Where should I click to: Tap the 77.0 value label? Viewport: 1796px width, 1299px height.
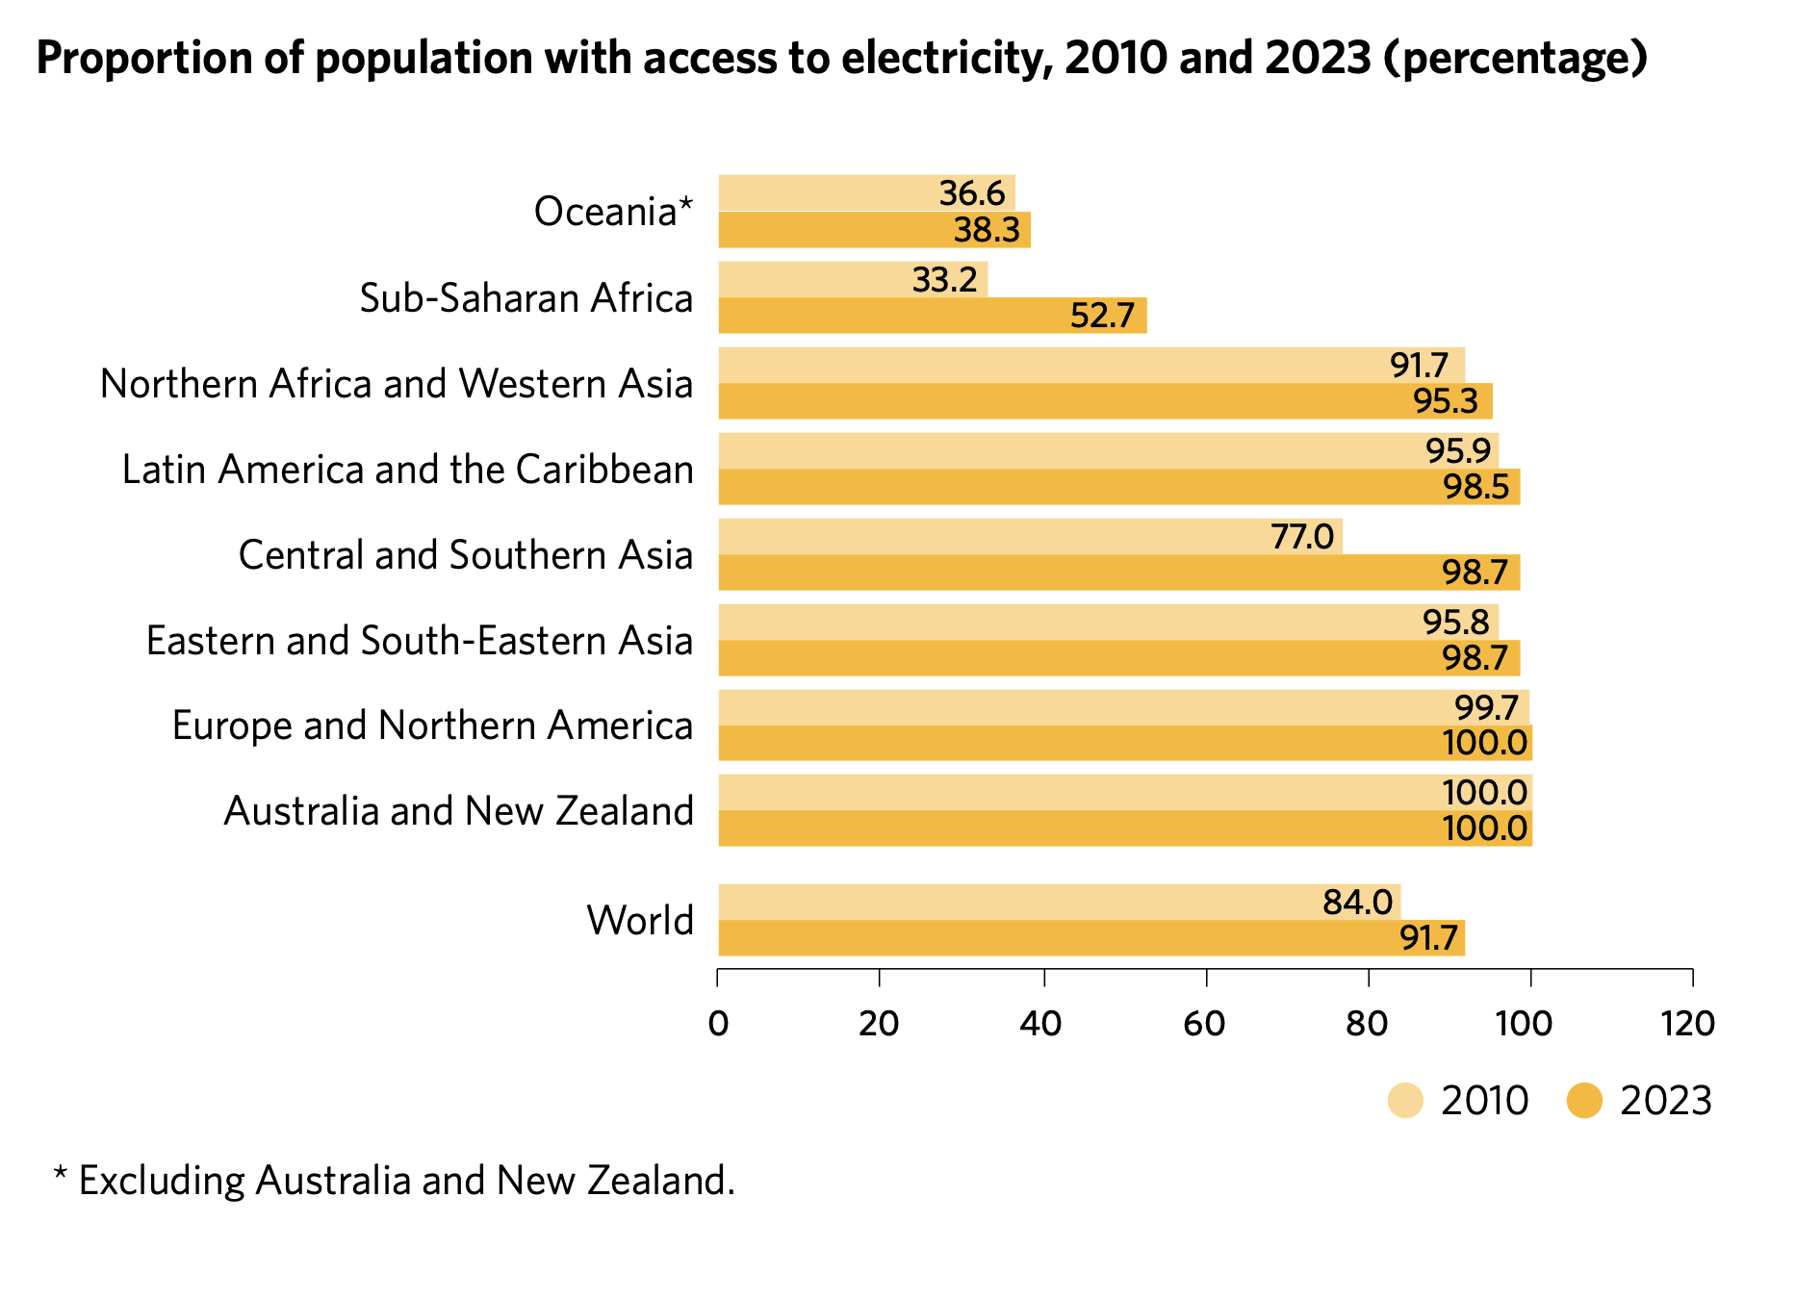pos(1301,537)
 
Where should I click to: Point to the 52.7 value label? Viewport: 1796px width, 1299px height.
pos(1102,316)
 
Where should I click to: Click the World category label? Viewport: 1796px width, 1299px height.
pos(640,921)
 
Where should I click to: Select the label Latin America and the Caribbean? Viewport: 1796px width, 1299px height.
pos(407,470)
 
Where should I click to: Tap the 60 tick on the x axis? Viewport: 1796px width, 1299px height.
pos(1205,1024)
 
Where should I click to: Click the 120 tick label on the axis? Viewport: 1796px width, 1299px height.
pos(1688,1024)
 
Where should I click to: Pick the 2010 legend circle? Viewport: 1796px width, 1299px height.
pos(1405,1101)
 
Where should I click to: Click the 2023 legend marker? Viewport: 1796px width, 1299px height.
pos(1584,1101)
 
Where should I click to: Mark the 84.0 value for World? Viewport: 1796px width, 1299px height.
pos(1357,903)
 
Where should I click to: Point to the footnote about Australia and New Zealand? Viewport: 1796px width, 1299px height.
pos(395,1181)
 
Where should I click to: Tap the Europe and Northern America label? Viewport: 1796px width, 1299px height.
pos(432,726)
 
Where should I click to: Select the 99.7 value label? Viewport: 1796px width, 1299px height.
pos(1486,708)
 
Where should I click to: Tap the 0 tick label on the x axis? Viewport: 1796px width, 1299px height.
pos(718,1024)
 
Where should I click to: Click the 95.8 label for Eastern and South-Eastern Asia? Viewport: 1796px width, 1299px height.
pos(1455,623)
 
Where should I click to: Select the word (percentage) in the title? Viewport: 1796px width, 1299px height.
pos(1515,59)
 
